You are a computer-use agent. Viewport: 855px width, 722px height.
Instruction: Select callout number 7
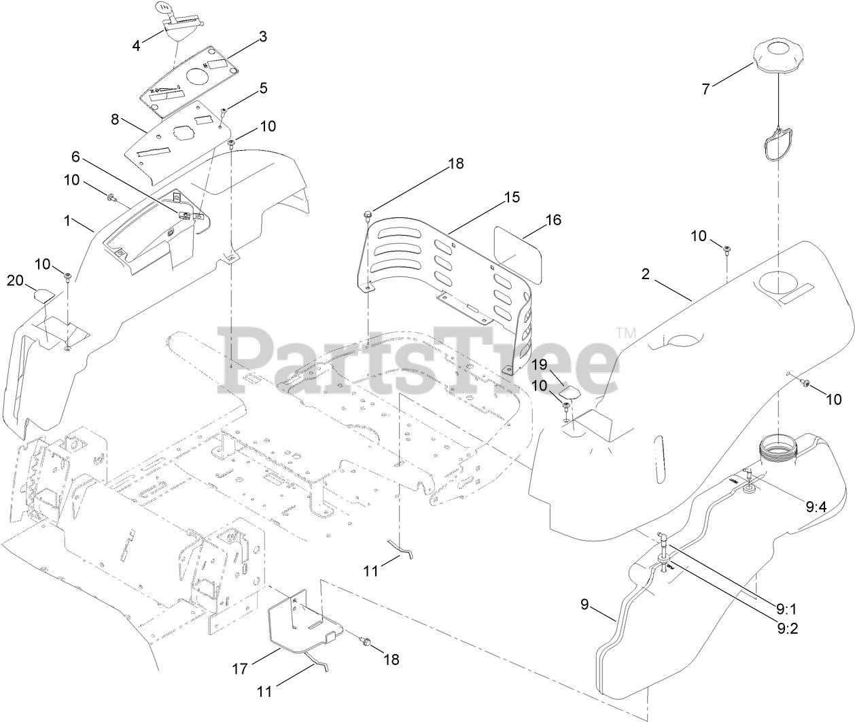point(705,89)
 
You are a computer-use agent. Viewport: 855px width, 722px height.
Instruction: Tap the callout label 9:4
point(816,505)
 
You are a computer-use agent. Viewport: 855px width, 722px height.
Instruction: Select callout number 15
point(511,198)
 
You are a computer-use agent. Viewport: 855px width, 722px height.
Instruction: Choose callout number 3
point(262,37)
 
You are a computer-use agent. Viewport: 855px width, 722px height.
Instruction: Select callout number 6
point(75,157)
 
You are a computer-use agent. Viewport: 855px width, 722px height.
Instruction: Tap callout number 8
point(115,119)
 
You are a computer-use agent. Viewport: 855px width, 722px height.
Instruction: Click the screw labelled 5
point(224,110)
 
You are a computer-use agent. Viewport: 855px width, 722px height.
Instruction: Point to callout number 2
point(646,274)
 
